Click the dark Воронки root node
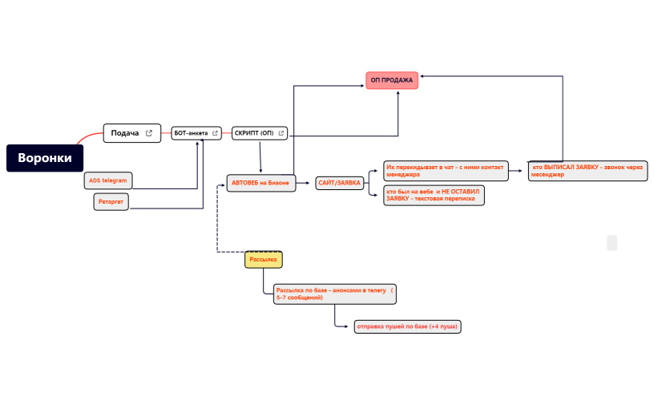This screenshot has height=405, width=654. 45,158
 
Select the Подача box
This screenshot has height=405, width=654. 131,133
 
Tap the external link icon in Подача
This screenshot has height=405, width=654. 149,133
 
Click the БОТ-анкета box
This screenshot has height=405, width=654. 196,133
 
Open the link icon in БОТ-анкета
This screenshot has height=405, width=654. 216,133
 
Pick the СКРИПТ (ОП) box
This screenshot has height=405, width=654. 260,133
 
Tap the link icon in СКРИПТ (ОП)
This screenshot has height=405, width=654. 281,133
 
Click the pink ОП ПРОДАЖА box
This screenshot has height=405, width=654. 392,80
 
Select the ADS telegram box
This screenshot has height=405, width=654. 108,180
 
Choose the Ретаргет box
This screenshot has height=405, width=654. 111,201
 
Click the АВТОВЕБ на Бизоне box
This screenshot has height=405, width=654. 261,183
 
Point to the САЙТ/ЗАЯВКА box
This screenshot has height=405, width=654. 340,183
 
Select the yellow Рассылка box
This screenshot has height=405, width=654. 263,260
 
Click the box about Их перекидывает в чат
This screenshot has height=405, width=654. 446,171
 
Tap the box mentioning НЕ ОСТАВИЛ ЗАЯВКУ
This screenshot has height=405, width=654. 434,196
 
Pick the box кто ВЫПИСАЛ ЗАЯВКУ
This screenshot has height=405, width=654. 587,171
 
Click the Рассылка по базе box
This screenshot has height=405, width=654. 335,294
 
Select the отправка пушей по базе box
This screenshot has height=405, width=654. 407,326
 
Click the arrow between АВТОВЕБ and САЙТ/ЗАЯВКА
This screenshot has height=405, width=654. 303,183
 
